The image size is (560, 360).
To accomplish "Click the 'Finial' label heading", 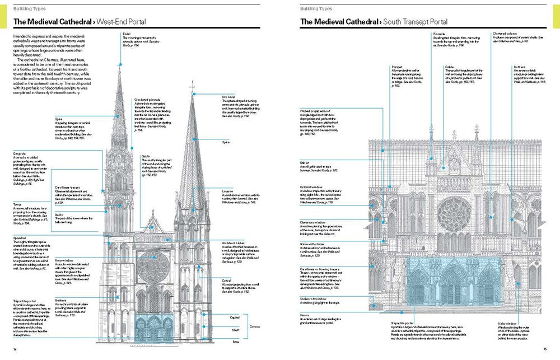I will coord(126,34).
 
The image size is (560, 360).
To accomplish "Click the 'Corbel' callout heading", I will coord(226,279).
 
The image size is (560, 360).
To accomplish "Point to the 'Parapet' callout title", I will coord(398,67).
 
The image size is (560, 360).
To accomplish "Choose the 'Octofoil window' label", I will coord(313,186).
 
